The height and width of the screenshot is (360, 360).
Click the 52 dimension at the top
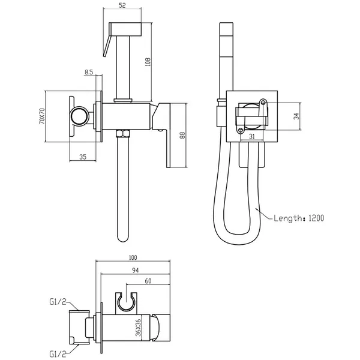(x=122, y=5)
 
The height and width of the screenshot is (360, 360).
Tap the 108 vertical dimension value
(x=148, y=62)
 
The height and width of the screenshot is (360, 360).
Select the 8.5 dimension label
(x=89, y=72)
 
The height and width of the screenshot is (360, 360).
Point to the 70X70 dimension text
(x=42, y=116)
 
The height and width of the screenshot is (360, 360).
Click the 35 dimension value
(x=83, y=157)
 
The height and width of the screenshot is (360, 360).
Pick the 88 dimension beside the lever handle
(x=182, y=135)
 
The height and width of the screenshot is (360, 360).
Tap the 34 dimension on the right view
(x=296, y=116)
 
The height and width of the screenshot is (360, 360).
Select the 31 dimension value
(x=252, y=136)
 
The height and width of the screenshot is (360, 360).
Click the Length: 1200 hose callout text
(x=299, y=218)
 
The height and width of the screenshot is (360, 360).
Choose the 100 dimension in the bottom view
(x=133, y=257)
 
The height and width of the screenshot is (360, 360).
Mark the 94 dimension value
(x=136, y=271)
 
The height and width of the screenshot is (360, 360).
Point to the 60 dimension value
(x=148, y=281)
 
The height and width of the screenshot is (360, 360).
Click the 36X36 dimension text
(x=138, y=328)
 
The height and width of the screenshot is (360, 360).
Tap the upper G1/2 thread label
(x=58, y=302)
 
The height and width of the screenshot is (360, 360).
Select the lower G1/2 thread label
(x=58, y=354)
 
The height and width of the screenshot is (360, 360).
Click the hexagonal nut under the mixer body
(x=123, y=133)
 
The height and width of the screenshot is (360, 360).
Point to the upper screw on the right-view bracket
(x=263, y=102)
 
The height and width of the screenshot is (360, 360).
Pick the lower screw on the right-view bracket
(x=241, y=130)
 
